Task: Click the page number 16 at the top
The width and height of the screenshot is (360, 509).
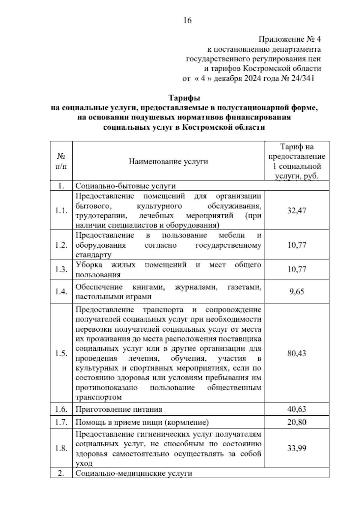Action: (187, 20)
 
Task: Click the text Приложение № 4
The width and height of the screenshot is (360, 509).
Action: (290, 39)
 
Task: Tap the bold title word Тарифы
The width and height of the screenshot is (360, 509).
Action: (184, 98)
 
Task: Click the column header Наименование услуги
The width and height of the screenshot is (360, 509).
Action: (168, 162)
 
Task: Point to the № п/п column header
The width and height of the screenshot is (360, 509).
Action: (61, 161)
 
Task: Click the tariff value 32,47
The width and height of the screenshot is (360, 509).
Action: (297, 211)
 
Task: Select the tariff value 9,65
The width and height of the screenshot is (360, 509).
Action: (297, 292)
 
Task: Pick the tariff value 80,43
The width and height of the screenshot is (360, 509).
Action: (297, 353)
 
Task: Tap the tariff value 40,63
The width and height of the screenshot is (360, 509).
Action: (297, 409)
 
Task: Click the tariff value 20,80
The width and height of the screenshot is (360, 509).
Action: (297, 422)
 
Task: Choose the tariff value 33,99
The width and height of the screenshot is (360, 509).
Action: (297, 448)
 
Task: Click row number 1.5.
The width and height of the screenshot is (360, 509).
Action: (61, 353)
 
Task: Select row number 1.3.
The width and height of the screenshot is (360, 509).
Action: (61, 270)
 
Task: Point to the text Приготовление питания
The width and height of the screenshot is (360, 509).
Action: (119, 409)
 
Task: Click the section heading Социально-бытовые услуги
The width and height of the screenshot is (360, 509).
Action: (125, 186)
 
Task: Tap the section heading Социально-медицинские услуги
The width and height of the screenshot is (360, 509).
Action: (133, 474)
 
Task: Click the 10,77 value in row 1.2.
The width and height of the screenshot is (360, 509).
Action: (297, 245)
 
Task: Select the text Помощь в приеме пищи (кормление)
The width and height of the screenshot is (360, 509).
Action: (142, 422)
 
